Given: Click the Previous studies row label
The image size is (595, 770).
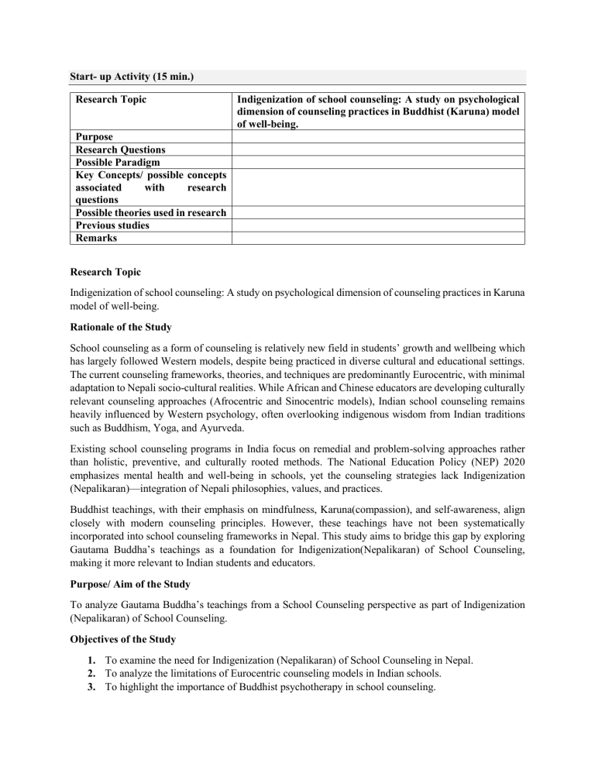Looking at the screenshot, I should pyautogui.click(x=112, y=225).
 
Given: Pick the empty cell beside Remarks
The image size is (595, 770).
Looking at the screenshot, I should pyautogui.click(x=378, y=239).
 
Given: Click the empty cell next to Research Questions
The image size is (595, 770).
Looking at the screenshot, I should pyautogui.click(x=378, y=149).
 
